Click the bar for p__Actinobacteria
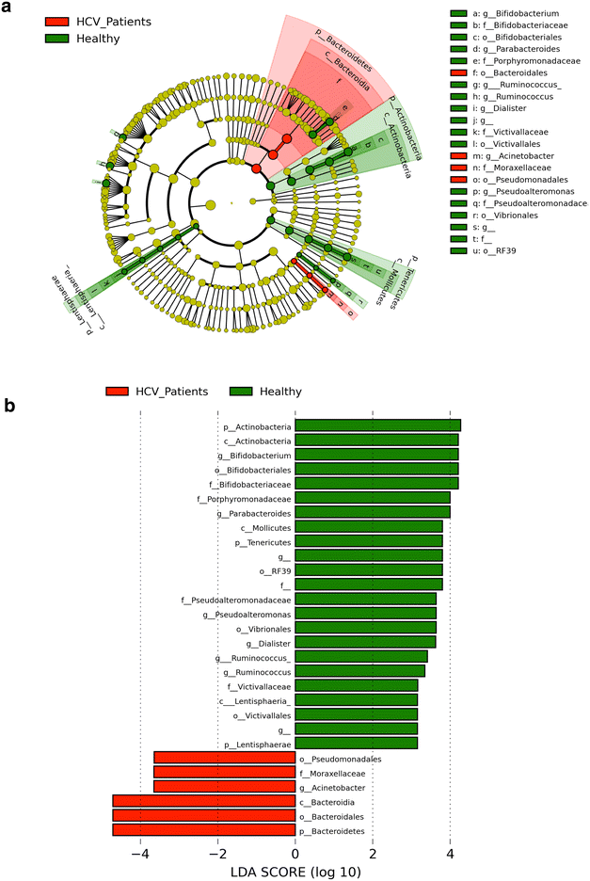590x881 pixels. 377,425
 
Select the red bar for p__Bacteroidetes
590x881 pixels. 203,829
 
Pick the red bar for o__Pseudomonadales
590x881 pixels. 224,758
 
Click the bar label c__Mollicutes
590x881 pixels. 263,526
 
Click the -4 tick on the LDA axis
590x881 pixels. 140,854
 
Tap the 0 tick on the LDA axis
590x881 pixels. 295,854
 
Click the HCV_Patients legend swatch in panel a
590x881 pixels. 56,21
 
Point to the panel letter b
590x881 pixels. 10,407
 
